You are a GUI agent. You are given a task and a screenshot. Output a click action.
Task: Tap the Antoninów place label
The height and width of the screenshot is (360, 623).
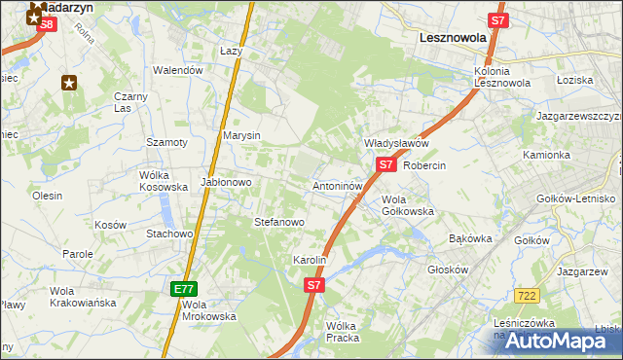(339, 185)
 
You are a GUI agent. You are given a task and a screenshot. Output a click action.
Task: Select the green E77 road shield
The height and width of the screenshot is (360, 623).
(184, 289)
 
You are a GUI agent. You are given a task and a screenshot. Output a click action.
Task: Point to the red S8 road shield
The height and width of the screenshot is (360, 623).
(45, 27)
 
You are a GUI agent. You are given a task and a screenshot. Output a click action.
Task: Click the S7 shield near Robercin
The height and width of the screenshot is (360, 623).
(386, 164)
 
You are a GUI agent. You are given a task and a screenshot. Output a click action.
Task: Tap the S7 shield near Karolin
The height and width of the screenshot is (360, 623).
(313, 285)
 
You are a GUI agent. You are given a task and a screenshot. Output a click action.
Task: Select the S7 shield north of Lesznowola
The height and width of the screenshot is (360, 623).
(497, 19)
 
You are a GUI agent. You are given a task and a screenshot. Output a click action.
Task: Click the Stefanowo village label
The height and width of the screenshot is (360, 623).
(279, 222)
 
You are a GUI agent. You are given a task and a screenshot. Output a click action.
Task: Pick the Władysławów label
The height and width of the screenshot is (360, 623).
(396, 143)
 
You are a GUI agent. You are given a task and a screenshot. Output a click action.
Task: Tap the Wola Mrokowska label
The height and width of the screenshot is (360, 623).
(208, 309)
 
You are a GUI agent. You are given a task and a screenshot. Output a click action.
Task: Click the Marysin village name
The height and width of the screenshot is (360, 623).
(241, 136)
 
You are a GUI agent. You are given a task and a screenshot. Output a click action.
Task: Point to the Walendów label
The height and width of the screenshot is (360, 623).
(178, 70)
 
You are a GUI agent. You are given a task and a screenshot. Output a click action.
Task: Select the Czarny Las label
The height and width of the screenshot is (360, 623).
(129, 102)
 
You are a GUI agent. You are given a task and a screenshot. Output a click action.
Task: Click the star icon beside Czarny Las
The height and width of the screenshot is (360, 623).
(69, 83)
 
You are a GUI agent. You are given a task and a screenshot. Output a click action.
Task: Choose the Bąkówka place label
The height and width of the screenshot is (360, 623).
(470, 238)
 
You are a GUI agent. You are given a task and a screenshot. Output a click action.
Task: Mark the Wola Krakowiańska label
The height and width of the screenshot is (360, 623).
(83, 297)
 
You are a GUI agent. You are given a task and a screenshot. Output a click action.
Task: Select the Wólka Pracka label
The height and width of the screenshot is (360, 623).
(343, 332)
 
